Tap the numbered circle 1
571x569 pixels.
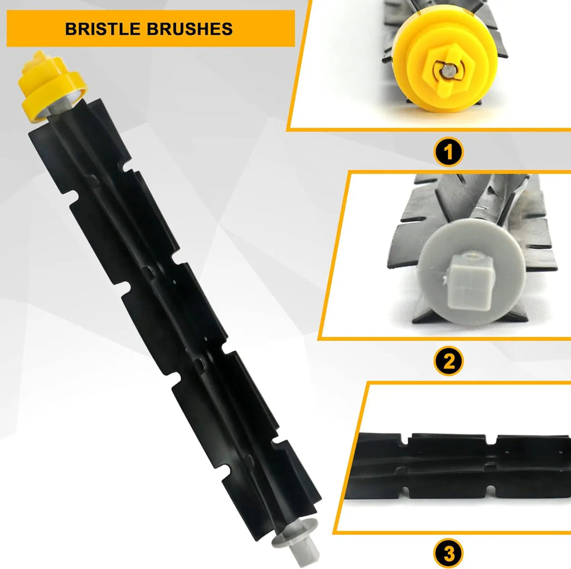448,152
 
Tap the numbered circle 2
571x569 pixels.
448,361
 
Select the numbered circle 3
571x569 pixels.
448,553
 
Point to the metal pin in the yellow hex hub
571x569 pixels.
447,70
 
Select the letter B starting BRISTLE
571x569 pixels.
71,29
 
